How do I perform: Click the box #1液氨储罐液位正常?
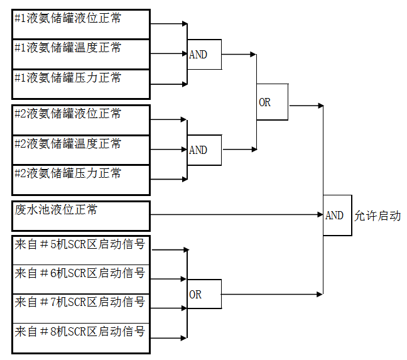click(x=81, y=24)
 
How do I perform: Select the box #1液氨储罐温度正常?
click(x=81, y=54)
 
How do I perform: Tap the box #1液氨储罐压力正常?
click(x=81, y=84)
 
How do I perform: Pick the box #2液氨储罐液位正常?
click(x=81, y=119)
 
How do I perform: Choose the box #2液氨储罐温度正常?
click(x=81, y=150)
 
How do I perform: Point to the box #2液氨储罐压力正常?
click(x=81, y=180)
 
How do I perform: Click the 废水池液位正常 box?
click(x=81, y=215)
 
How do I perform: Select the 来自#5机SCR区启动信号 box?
click(x=81, y=249)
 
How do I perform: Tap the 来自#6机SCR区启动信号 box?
click(x=81, y=279)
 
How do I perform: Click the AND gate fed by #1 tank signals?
click(x=204, y=54)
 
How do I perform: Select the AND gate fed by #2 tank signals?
click(x=204, y=150)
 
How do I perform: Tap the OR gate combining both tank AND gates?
click(x=272, y=102)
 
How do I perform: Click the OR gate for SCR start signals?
click(x=204, y=294)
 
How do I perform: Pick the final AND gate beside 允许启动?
click(x=337, y=215)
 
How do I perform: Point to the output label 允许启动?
click(x=377, y=216)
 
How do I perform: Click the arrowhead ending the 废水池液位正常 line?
click(x=320, y=215)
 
